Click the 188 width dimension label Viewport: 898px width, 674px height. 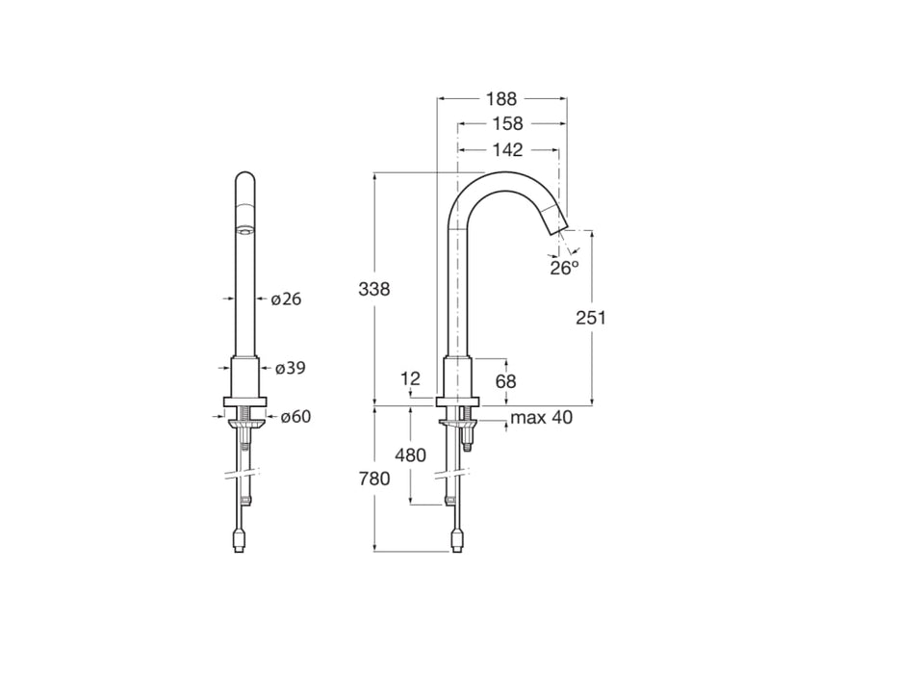501,98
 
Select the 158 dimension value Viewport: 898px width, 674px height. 507,124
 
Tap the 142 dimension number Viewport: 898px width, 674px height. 507,150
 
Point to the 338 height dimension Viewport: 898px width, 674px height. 373,288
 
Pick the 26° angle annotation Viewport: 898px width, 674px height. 565,269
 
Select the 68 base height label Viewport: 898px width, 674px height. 505,381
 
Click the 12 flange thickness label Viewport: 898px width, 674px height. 411,379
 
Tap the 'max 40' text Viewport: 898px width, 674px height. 541,418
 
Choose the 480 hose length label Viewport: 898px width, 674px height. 411,455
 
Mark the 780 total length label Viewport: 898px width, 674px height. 373,479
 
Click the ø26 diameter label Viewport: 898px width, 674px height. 286,299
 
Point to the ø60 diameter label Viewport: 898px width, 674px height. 295,417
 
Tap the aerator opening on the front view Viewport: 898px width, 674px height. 245,230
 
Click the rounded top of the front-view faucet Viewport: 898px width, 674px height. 245,178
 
